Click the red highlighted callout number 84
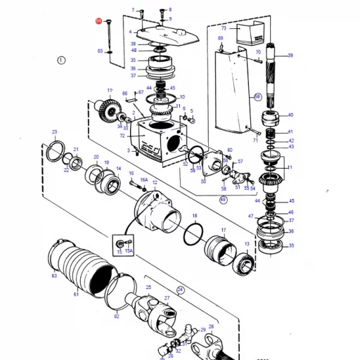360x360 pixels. pyautogui.click(x=98, y=22)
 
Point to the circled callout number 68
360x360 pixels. pyautogui.click(x=257, y=96)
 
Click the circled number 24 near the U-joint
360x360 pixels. pyautogui.click(x=180, y=290)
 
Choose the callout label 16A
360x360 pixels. pyautogui.click(x=143, y=180)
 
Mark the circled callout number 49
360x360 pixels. pyautogui.click(x=224, y=200)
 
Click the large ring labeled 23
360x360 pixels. pyautogui.click(x=56, y=148)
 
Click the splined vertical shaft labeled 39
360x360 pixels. pyautogui.click(x=274, y=77)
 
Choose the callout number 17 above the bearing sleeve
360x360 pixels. pyautogui.click(x=224, y=230)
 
